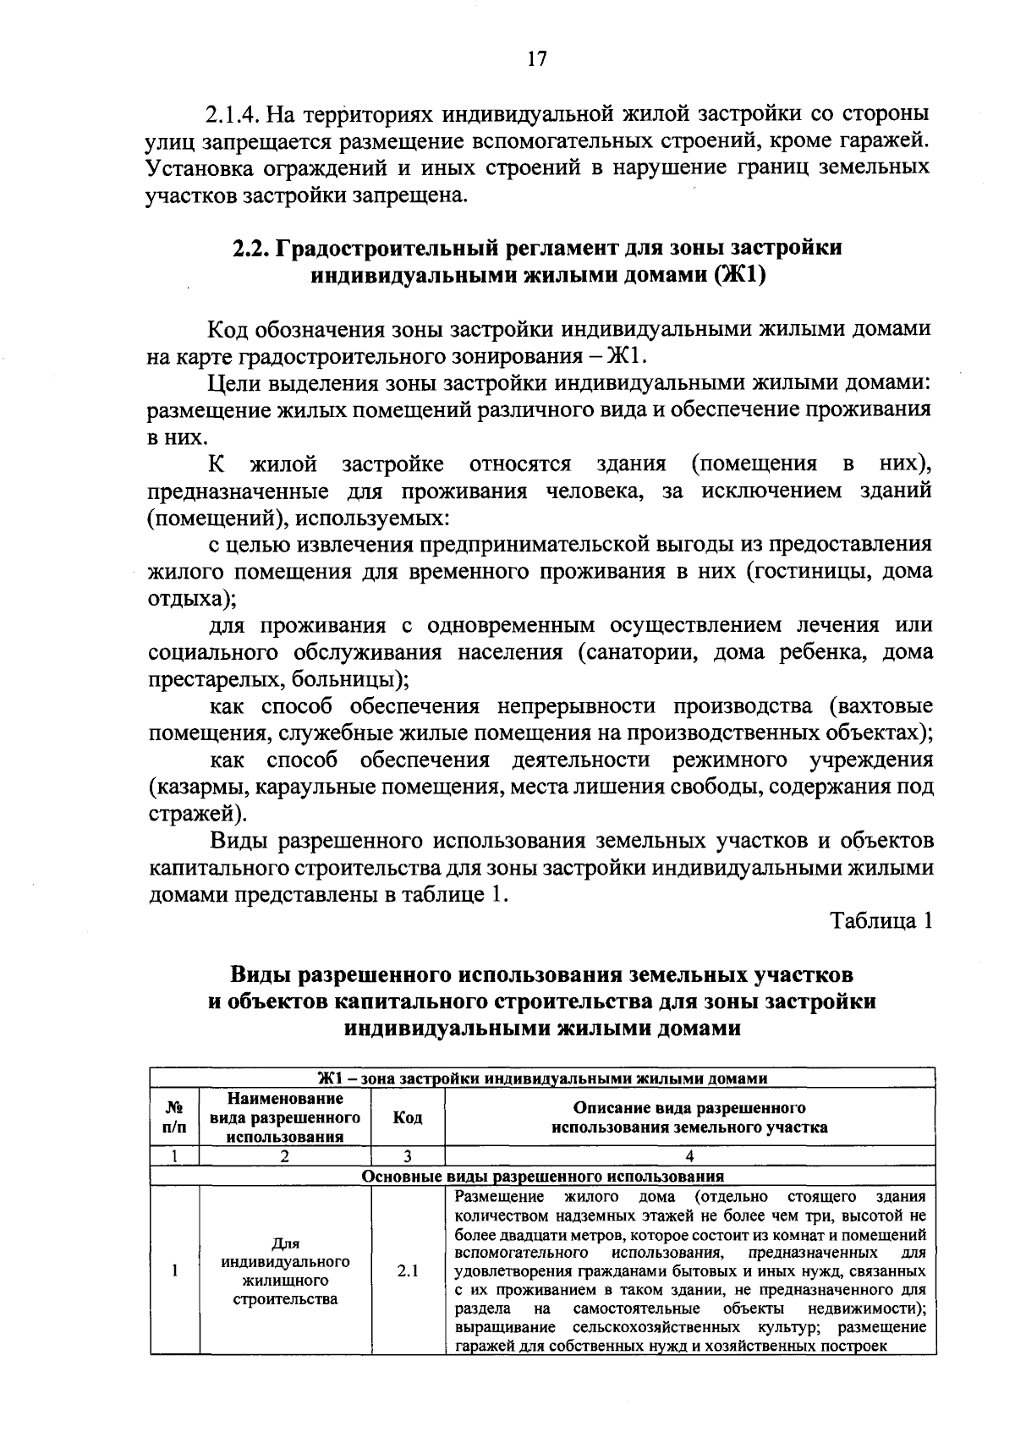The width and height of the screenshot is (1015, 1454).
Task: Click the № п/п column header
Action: [x=174, y=1117]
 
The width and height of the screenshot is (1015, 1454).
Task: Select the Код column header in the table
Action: [x=408, y=1117]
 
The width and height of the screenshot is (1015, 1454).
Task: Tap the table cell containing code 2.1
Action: [x=408, y=1270]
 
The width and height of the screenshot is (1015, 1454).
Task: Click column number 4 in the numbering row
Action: [x=689, y=1156]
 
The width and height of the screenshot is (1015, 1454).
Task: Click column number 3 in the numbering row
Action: [x=408, y=1156]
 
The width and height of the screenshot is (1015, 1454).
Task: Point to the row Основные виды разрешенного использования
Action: [x=542, y=1176]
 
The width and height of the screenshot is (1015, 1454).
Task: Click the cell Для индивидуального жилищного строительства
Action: [x=285, y=1270]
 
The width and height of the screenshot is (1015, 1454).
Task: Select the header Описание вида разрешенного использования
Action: [x=689, y=1117]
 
